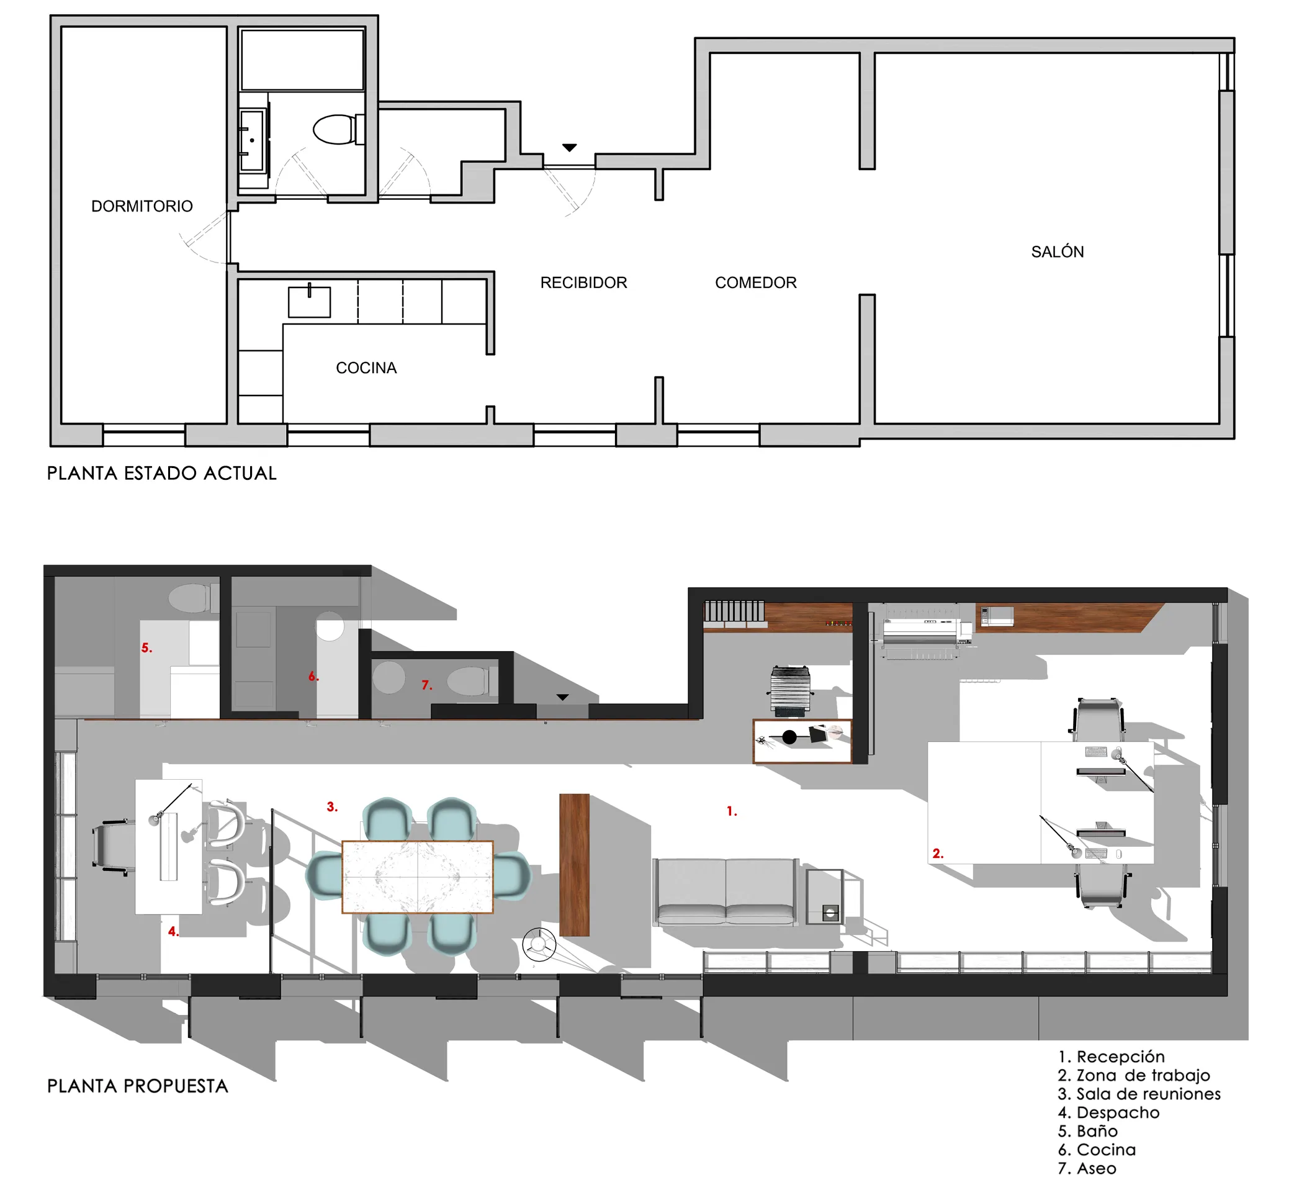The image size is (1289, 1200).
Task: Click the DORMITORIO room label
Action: tap(142, 206)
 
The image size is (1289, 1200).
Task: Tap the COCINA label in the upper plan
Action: tap(366, 368)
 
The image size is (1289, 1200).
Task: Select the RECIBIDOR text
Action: tap(583, 283)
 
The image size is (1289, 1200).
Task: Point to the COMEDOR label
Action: tap(755, 283)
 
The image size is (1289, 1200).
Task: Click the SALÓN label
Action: tap(1058, 251)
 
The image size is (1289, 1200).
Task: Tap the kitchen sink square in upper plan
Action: tap(309, 302)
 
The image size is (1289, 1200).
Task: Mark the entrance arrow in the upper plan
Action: tap(569, 148)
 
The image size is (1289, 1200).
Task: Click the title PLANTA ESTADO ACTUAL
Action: tap(161, 474)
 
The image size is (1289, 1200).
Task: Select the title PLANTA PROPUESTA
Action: tap(137, 1086)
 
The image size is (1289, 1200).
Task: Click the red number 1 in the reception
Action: tap(731, 811)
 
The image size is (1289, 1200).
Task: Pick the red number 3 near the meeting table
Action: tap(332, 807)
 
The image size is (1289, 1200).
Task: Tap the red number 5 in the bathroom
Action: tap(146, 648)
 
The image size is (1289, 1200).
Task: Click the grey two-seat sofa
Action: tap(725, 892)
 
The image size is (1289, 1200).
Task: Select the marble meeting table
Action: tap(418, 877)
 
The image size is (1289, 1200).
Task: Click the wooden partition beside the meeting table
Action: tap(575, 865)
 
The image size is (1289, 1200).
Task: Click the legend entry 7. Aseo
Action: tap(1087, 1168)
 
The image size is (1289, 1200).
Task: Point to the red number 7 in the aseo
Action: tap(426, 685)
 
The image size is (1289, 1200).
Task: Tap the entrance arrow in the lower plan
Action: tap(562, 697)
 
